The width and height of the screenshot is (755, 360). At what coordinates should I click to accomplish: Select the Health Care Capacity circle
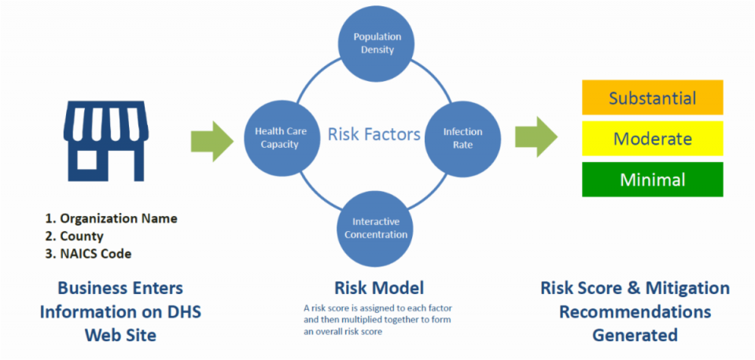pyautogui.click(x=282, y=138)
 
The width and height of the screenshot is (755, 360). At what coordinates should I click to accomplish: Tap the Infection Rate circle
pyautogui.click(x=462, y=138)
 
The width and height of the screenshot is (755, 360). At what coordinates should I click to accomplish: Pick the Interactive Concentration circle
pyautogui.click(x=376, y=229)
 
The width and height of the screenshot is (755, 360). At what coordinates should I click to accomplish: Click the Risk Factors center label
pyautogui.click(x=374, y=134)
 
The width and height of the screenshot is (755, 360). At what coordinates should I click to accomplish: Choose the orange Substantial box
pyautogui.click(x=653, y=97)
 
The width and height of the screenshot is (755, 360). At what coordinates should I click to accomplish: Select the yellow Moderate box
pyautogui.click(x=653, y=138)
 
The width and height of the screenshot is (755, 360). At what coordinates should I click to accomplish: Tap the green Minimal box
pyautogui.click(x=653, y=179)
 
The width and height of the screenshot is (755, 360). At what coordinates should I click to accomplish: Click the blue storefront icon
pyautogui.click(x=106, y=141)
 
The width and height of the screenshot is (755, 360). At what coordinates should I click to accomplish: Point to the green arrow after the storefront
pyautogui.click(x=212, y=141)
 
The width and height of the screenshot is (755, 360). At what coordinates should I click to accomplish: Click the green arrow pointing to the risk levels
pyautogui.click(x=536, y=138)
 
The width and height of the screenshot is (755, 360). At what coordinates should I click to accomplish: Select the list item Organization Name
pyautogui.click(x=112, y=219)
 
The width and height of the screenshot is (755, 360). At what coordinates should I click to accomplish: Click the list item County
pyautogui.click(x=75, y=237)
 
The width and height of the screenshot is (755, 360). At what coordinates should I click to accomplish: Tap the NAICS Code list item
pyautogui.click(x=88, y=254)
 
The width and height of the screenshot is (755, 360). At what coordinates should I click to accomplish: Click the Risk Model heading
pyautogui.click(x=379, y=288)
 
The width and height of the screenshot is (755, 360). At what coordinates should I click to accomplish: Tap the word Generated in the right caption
pyautogui.click(x=635, y=334)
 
